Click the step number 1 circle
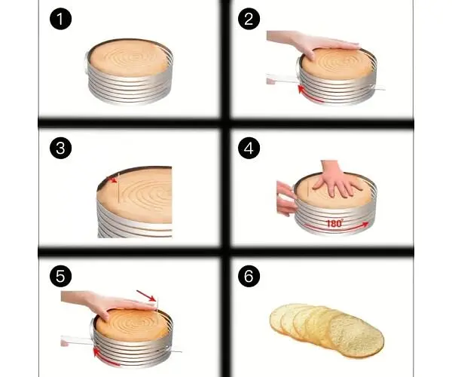pos(60,19)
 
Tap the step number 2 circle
pos(249,19)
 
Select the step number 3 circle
pos(60,148)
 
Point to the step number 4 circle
pos(249,148)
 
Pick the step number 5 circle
pos(60,276)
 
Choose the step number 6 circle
pos(249,276)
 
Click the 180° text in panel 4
pos(334,223)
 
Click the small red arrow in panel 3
pos(112,179)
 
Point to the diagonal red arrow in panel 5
pos(146,296)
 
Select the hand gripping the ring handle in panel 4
pos(286,198)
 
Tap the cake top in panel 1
pos(129,58)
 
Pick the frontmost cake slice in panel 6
pos(356,336)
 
